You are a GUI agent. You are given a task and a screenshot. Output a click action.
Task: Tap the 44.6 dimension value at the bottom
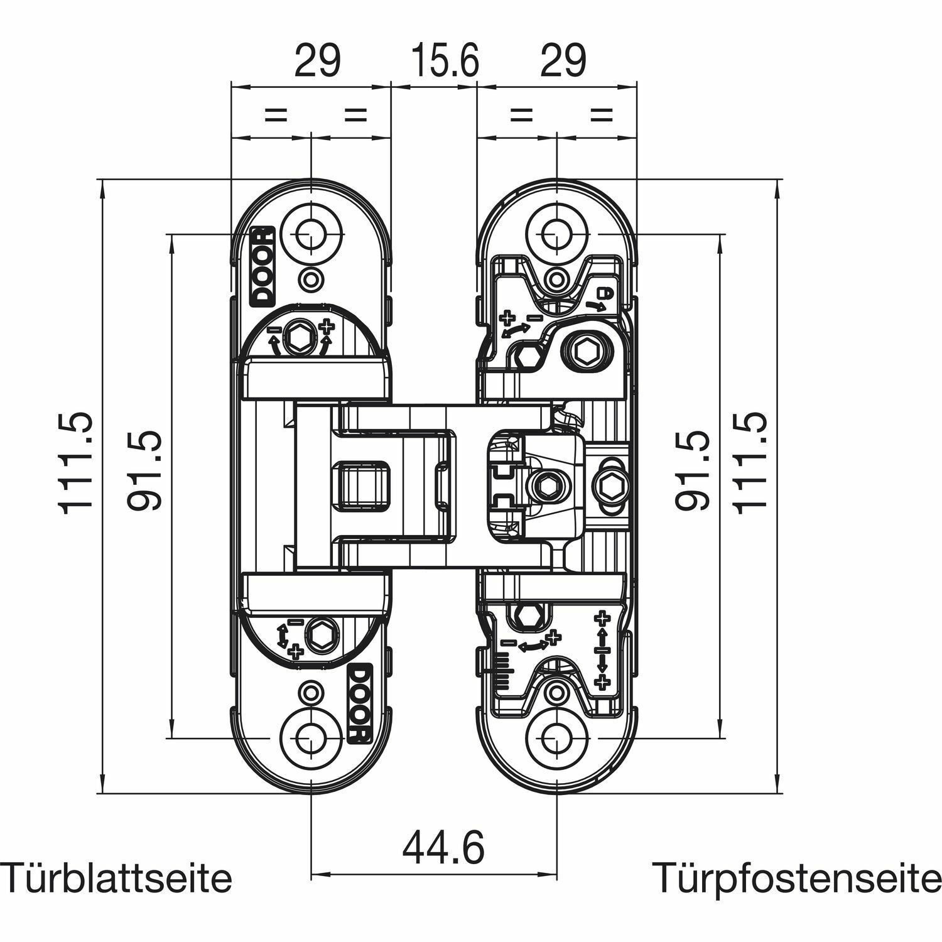click(x=443, y=847)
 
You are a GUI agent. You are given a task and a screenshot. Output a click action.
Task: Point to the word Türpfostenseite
click(x=796, y=878)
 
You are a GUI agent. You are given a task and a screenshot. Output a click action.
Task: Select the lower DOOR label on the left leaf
click(x=358, y=703)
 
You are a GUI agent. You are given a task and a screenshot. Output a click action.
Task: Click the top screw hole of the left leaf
click(x=310, y=236)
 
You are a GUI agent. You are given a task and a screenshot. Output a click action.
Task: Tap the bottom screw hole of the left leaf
click(x=310, y=737)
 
